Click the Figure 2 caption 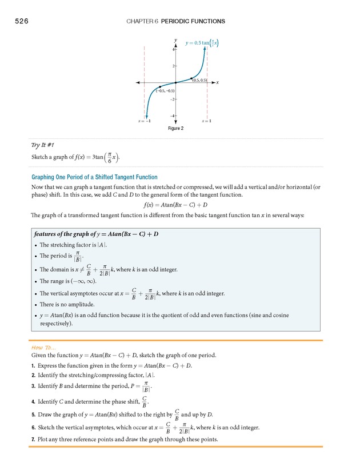175,129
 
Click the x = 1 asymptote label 206,121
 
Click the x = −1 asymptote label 144,121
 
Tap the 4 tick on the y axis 173,50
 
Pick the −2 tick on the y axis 172,99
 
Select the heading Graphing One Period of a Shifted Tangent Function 94,177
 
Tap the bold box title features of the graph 96,234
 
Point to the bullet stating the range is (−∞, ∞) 68,281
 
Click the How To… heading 43,347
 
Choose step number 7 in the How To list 34,439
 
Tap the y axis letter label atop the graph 175,39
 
